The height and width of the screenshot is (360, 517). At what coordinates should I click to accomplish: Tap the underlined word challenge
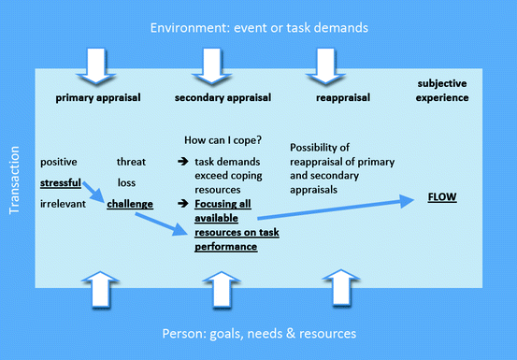[130, 202]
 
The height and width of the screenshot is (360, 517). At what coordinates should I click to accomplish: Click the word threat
[132, 162]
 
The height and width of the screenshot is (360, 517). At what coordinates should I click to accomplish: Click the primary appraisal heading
[93, 96]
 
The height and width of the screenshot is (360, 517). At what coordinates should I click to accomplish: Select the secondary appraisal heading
[218, 96]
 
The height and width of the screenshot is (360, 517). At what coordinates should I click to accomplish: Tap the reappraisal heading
[336, 96]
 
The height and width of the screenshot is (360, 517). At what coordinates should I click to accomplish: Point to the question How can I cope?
[223, 142]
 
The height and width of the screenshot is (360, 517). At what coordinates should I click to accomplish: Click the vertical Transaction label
[14, 180]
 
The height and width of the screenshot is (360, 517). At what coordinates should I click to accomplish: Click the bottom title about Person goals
[258, 334]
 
